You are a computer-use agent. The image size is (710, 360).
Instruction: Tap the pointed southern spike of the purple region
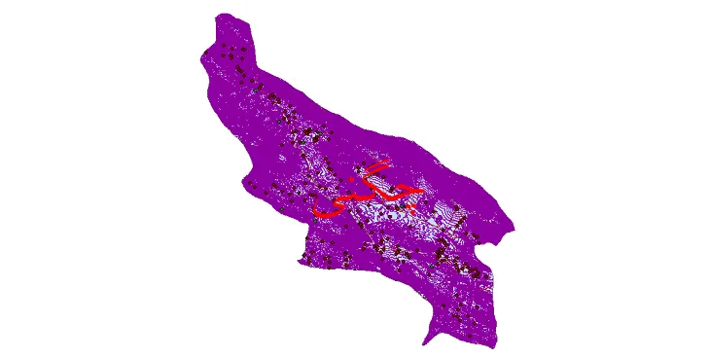click(x=425, y=343)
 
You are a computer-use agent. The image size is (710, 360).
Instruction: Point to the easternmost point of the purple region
click(x=514, y=230)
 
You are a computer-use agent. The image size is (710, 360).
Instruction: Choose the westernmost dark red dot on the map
click(x=205, y=54)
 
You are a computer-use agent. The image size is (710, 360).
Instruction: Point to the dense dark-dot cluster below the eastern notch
click(x=467, y=263)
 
